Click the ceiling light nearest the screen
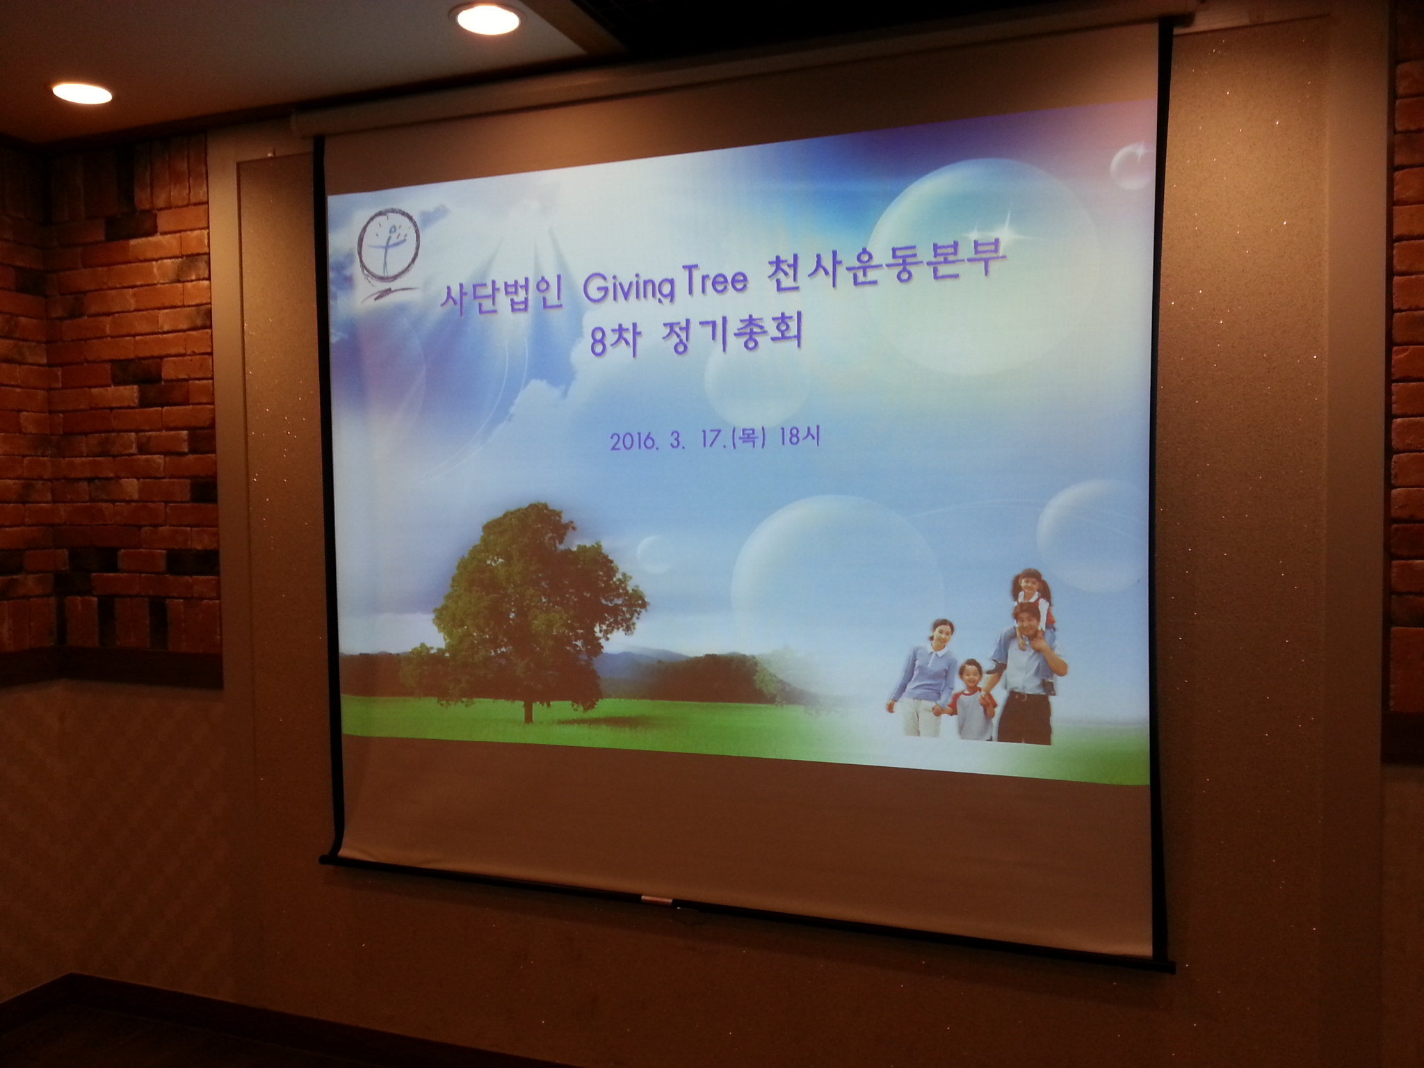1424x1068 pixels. click(x=488, y=19)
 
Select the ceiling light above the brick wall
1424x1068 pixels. click(x=82, y=92)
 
